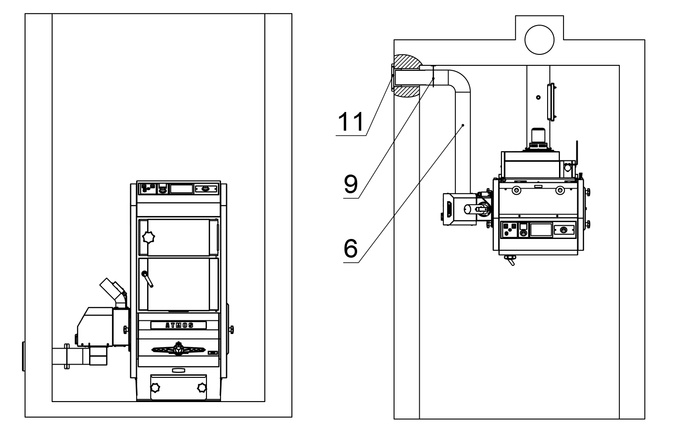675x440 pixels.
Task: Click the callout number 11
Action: tap(351, 122)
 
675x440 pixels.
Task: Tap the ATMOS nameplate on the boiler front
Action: tap(179, 325)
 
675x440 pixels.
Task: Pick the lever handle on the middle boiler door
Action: tap(148, 277)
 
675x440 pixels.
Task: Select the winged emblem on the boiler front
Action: tap(178, 350)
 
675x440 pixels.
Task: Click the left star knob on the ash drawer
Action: tap(156, 388)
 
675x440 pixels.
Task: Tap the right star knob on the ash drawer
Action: tap(201, 388)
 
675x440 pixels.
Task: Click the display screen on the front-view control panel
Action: tap(181, 189)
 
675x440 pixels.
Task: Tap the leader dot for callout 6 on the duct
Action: tap(463, 124)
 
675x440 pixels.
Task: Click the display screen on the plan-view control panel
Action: tap(540, 229)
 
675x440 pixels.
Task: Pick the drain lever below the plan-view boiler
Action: tap(509, 261)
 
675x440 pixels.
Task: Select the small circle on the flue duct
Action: tap(538, 97)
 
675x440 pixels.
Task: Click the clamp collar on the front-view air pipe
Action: tap(67, 355)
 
